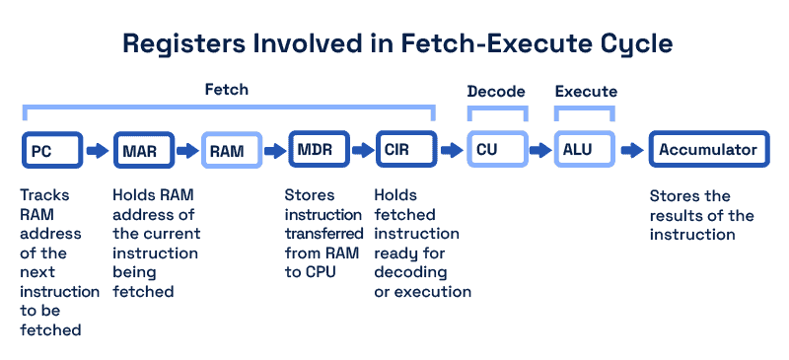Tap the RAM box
pos(231,151)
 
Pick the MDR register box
pos(318,150)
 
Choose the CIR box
pos(405,150)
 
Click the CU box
pos(496,150)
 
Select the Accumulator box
pos(708,150)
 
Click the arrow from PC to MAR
pos(97,151)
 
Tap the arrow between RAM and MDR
pos(274,151)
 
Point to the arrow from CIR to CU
pos(451,151)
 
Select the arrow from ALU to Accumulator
pos(630,151)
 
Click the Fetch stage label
pos(226,90)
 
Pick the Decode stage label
pos(496,92)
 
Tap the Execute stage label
pos(586,92)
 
